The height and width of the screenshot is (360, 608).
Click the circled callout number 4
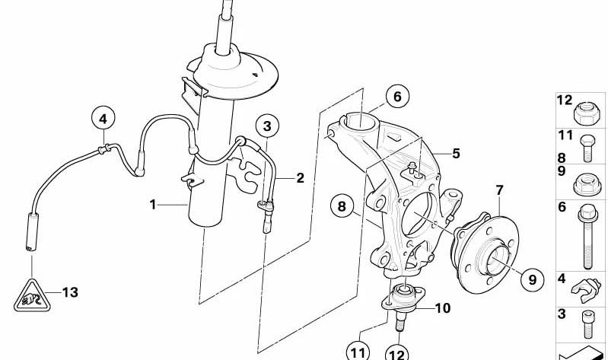pyautogui.click(x=103, y=118)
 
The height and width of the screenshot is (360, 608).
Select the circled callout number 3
pyautogui.click(x=266, y=125)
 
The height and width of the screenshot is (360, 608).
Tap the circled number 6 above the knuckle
pyautogui.click(x=396, y=97)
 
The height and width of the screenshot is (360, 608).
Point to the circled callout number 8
pyautogui.click(x=342, y=205)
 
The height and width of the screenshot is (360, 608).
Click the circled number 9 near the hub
pyautogui.click(x=532, y=279)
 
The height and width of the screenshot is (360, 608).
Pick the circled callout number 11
pyautogui.click(x=358, y=352)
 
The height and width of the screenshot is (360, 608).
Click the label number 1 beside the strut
pyautogui.click(x=153, y=204)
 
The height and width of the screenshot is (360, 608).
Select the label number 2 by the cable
pyautogui.click(x=300, y=178)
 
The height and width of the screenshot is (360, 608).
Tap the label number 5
pyautogui.click(x=456, y=153)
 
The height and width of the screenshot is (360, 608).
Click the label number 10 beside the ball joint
pyautogui.click(x=443, y=308)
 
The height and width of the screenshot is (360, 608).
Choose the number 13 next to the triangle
pyautogui.click(x=70, y=292)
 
